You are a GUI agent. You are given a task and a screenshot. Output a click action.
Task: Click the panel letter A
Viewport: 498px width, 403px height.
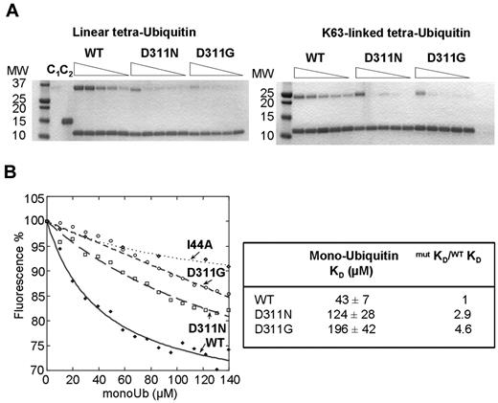click(x=10, y=9)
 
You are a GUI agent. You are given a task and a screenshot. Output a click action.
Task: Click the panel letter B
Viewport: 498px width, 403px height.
click(x=10, y=174)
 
